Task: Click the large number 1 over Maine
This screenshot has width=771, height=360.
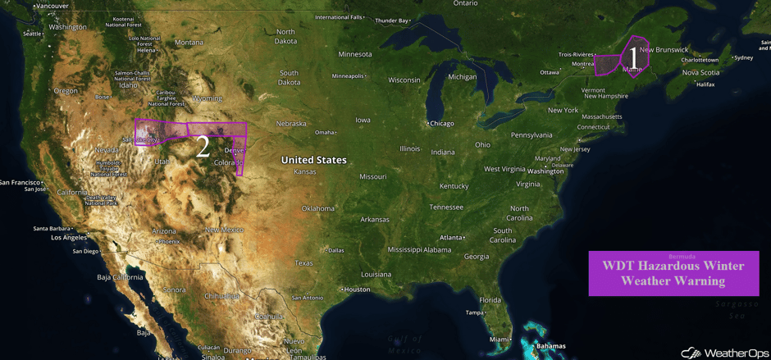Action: pos(632,57)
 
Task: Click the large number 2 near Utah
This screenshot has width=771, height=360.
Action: pos(203,147)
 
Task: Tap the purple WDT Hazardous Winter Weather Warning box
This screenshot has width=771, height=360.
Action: pos(673,273)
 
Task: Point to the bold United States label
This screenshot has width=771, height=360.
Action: pos(313,160)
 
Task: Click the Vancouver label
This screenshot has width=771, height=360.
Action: pos(52,7)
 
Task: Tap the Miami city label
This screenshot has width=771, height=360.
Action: pos(498,339)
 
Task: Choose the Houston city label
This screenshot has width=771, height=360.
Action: pos(357,289)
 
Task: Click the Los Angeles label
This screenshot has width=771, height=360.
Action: pos(69,238)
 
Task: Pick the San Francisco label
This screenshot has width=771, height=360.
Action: pos(20,182)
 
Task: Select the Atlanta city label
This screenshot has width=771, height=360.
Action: pos(450,238)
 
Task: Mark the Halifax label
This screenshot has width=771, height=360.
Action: pos(705,84)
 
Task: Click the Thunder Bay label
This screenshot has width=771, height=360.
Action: pos(392,21)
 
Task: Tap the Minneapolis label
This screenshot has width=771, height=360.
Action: pos(348,76)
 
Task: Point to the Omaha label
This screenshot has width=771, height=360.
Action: pos(325,132)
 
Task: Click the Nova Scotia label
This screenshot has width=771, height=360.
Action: pos(701,72)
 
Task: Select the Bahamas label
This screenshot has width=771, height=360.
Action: pos(550,346)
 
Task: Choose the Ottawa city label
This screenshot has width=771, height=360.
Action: pos(550,72)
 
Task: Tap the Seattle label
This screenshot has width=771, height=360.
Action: pos(32,34)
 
